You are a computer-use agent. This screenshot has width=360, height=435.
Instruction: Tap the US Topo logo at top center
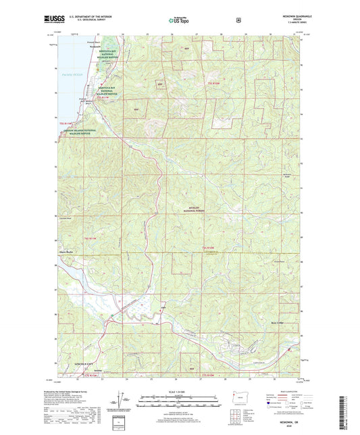tap(179, 21)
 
